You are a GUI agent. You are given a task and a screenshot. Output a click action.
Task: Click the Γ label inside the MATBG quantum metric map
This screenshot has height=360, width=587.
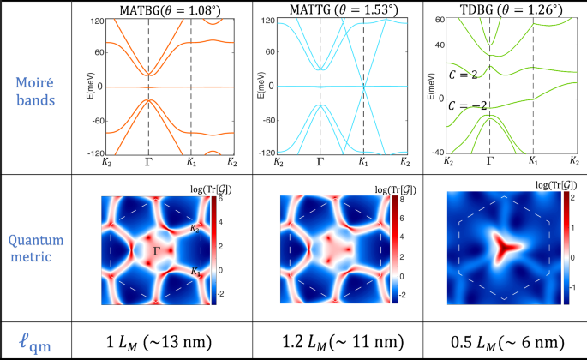[x=156, y=249]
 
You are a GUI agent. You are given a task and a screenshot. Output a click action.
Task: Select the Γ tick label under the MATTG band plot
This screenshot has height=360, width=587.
[x=320, y=161]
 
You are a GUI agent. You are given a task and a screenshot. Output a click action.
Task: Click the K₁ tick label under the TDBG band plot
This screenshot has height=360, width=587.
[x=533, y=161]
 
